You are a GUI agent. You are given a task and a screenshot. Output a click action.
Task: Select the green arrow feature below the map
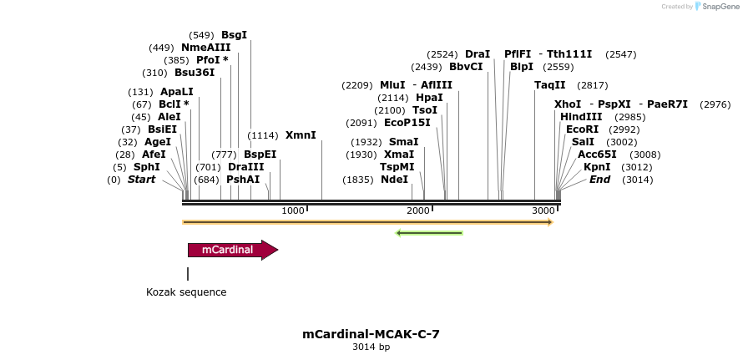point(429,232)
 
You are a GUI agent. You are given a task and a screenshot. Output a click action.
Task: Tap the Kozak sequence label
point(186,292)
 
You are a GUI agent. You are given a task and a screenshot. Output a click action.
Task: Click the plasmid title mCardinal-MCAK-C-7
point(371,334)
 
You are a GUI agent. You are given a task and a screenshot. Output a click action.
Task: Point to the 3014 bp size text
point(371,347)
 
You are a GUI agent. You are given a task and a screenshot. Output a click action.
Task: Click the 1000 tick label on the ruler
point(293,210)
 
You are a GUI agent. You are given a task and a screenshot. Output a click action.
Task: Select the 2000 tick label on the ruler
point(418,210)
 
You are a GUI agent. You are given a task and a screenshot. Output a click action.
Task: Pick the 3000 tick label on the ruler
point(543,210)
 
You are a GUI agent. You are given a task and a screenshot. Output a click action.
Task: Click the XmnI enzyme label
point(301,135)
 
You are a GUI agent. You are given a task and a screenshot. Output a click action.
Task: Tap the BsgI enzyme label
point(234,35)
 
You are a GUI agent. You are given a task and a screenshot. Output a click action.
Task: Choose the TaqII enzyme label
point(550,85)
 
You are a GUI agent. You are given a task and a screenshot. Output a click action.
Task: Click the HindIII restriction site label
point(581,117)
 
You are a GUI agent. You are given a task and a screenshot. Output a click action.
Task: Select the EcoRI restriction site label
point(583,129)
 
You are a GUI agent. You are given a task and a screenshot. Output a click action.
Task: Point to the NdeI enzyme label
point(394,180)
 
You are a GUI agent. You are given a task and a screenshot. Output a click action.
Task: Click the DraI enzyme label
point(478,54)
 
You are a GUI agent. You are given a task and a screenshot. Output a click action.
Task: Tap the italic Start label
point(141,180)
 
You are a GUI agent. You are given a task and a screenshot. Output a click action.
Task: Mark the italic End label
point(599,180)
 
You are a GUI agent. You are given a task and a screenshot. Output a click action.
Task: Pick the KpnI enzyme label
point(597,167)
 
